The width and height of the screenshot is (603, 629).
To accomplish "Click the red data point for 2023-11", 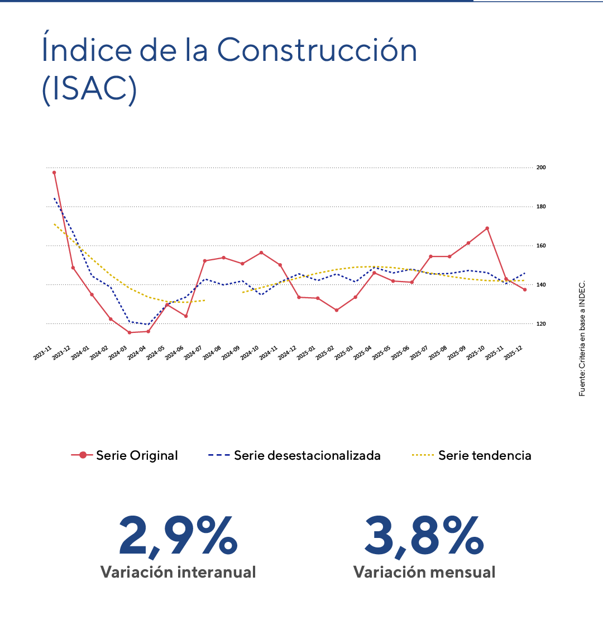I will tap(54, 173).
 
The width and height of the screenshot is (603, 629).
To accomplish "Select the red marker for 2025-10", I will tap(487, 228).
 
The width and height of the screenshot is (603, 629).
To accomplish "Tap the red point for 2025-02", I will tap(336, 310).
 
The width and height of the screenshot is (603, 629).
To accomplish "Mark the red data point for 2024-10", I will tap(261, 252).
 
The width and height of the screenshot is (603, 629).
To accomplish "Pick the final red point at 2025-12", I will tap(525, 289).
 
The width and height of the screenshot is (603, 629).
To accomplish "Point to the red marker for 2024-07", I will tap(204, 261).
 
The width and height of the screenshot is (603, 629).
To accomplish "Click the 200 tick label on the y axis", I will tap(541, 168).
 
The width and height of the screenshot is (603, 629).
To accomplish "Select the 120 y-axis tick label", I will tap(541, 324).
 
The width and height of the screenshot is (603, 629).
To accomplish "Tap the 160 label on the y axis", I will tap(541, 246).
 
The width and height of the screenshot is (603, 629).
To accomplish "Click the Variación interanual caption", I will tap(178, 572).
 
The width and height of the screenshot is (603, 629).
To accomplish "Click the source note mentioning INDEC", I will tap(582, 337).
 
